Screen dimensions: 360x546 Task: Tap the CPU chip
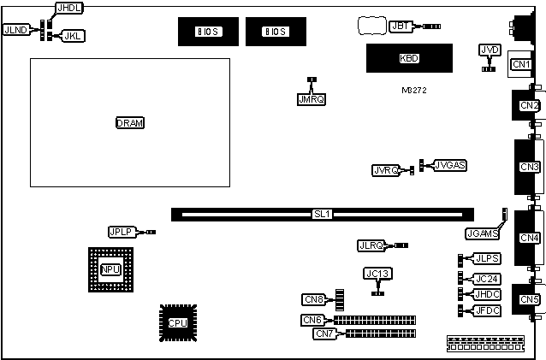(177, 322)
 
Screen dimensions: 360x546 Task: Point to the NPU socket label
(110, 270)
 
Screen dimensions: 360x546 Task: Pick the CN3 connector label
(529, 166)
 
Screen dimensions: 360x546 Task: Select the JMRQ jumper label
(312, 99)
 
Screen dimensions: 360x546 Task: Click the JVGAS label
(450, 164)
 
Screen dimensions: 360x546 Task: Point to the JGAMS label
(484, 233)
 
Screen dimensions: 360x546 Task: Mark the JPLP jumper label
(121, 232)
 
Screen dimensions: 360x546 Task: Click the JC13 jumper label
(377, 274)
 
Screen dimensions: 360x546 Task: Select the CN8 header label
(314, 299)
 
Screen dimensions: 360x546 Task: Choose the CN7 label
(324, 333)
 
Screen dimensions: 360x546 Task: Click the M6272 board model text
(413, 90)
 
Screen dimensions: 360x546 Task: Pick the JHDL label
(68, 8)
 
